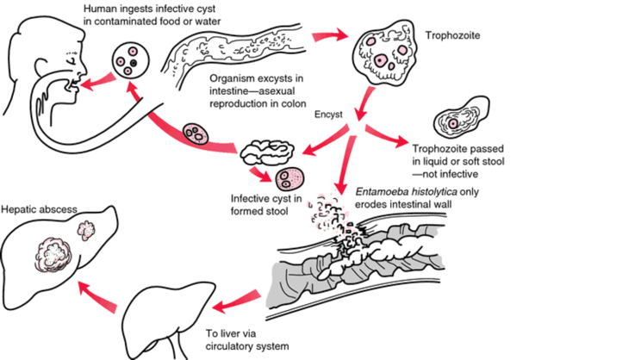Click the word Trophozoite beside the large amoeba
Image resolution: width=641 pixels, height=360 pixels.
point(453,37)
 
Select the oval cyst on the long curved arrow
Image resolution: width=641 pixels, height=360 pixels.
point(198,135)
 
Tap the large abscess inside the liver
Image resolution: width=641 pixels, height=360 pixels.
point(51,255)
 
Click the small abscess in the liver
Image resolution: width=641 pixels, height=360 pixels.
point(87,231)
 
